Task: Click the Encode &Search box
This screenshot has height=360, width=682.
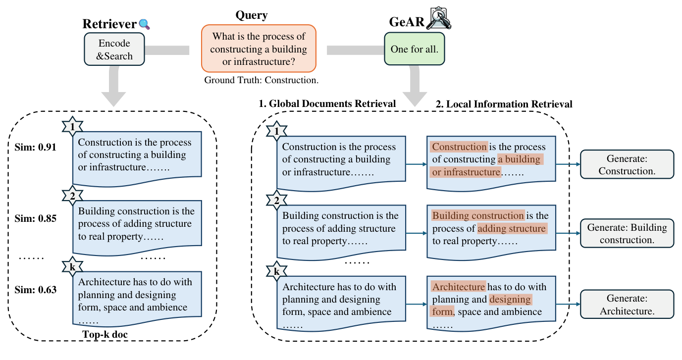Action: (x=114, y=49)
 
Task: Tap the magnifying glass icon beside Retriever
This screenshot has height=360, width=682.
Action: (x=144, y=24)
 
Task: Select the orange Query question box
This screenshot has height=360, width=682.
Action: (x=258, y=49)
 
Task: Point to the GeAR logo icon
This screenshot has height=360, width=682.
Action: (x=439, y=18)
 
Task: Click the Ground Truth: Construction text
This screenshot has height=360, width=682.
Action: (x=261, y=80)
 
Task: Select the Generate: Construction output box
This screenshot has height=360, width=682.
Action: (x=627, y=164)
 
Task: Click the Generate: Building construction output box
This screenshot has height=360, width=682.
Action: (x=627, y=234)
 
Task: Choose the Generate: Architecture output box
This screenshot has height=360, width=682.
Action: (x=627, y=305)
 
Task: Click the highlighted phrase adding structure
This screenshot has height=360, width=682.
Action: (x=512, y=229)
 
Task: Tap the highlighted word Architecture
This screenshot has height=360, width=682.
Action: (x=458, y=287)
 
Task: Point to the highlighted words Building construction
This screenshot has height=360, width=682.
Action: (x=478, y=216)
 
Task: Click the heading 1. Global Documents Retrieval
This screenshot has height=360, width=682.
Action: (x=327, y=103)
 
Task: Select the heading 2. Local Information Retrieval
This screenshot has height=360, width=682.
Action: (x=504, y=104)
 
